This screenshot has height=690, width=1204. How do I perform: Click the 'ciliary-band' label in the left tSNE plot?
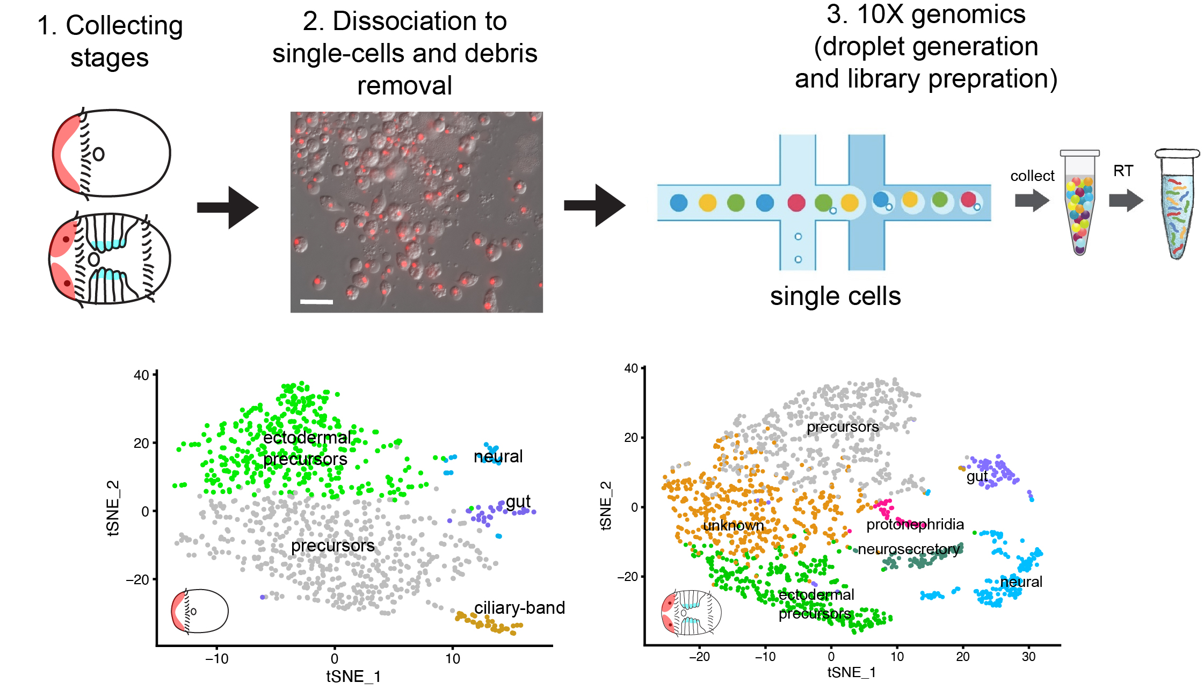[519, 608]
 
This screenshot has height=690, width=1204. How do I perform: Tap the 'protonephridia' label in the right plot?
[915, 525]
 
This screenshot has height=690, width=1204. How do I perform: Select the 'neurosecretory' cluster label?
[908, 549]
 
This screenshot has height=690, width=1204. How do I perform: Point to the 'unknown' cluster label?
[733, 526]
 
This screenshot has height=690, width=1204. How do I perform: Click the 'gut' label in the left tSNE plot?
[518, 502]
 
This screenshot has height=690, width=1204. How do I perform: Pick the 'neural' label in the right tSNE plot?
[1020, 582]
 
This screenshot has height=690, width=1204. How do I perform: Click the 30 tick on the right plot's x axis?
[1028, 656]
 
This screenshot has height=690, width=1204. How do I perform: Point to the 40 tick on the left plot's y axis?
[141, 375]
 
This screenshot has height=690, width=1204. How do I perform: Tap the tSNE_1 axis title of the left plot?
[353, 677]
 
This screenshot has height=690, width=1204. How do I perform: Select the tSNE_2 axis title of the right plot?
[606, 505]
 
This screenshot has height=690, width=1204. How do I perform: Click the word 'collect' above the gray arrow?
[1032, 176]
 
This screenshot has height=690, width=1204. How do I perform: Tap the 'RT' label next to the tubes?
[1123, 171]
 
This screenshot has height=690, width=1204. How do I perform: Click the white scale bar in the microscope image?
[316, 302]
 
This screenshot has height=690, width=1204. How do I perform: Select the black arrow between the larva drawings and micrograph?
[228, 207]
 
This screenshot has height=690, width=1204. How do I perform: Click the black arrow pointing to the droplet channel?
[594, 205]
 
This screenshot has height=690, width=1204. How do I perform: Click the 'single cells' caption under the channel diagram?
[835, 296]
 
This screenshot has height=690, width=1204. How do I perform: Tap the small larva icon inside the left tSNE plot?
[199, 611]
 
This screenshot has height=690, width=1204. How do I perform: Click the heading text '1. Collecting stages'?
[110, 41]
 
